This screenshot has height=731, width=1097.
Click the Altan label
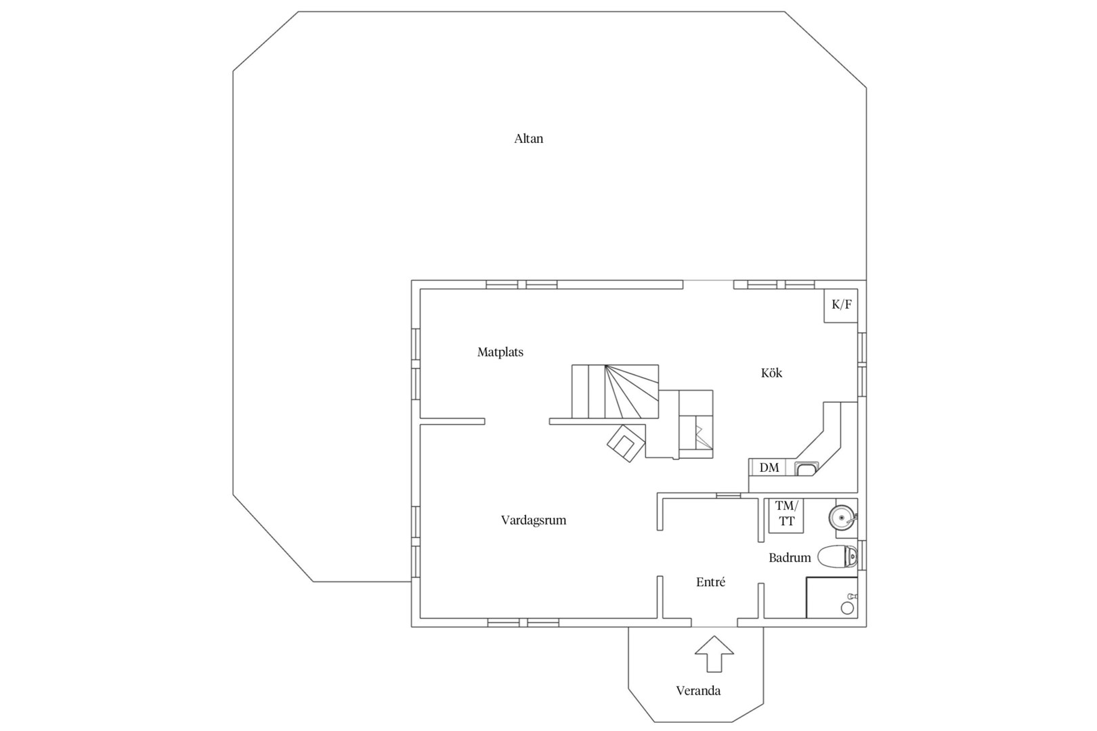pyautogui.click(x=528, y=139)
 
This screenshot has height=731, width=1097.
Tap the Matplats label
pyautogui.click(x=500, y=352)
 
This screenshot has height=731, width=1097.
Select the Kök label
pyautogui.click(x=771, y=373)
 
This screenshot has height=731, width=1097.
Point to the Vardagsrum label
pyautogui.click(x=534, y=520)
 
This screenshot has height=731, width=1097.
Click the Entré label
pyautogui.click(x=710, y=581)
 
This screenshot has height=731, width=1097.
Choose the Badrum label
pyautogui.click(x=790, y=558)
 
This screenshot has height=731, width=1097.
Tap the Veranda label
pyautogui.click(x=698, y=691)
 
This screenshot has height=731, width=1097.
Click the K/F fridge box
pyautogui.click(x=841, y=305)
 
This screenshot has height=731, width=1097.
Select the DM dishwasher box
pyautogui.click(x=769, y=468)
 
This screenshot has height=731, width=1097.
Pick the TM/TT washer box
pyautogui.click(x=786, y=515)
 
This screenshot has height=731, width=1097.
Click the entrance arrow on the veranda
pyautogui.click(x=714, y=654)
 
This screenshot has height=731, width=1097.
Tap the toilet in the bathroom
pyautogui.click(x=838, y=556)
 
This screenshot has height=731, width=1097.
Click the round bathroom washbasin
pyautogui.click(x=842, y=518)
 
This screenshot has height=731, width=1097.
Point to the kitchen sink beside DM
pyautogui.click(x=806, y=468)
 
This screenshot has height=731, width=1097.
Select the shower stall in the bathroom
pyautogui.click(x=832, y=598)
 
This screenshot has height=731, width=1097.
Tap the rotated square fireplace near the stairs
pyautogui.click(x=626, y=443)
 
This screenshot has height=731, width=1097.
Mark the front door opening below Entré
pyautogui.click(x=714, y=627)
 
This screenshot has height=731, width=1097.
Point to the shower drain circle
pyautogui.click(x=847, y=608)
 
